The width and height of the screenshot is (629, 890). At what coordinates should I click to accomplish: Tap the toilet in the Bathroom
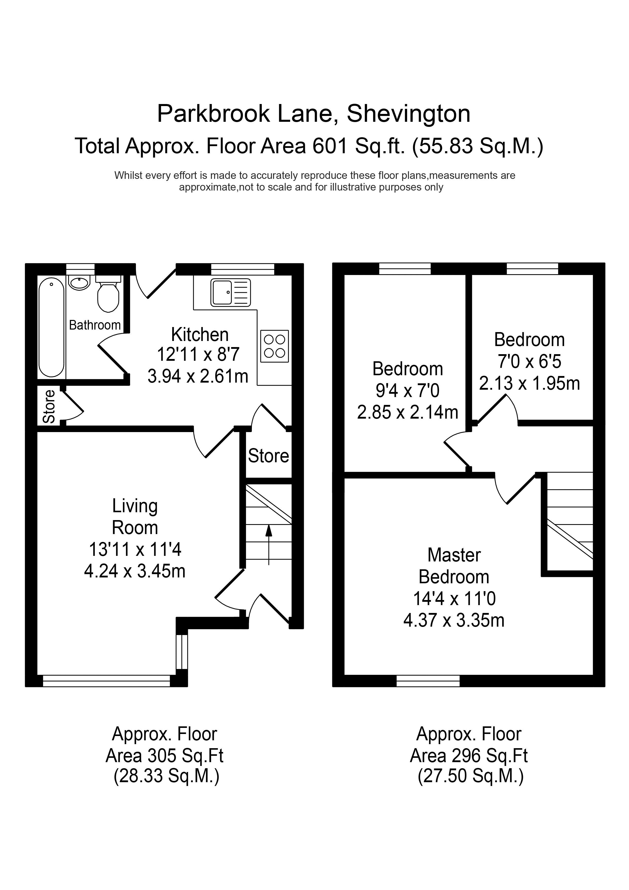coord(108,294)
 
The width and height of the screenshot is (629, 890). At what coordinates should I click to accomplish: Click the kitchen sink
coord(231,292)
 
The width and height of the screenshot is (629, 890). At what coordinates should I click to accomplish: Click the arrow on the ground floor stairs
coord(269,545)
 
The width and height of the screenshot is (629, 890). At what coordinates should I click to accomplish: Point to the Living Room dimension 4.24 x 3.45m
coord(135,571)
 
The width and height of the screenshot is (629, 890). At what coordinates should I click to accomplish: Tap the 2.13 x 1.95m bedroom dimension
coord(529,383)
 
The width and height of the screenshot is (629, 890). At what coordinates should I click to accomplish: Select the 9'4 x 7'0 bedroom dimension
coord(408,390)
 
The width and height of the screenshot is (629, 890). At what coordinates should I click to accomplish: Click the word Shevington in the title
coord(409,114)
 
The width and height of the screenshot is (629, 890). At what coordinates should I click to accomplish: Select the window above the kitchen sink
coord(243,269)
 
